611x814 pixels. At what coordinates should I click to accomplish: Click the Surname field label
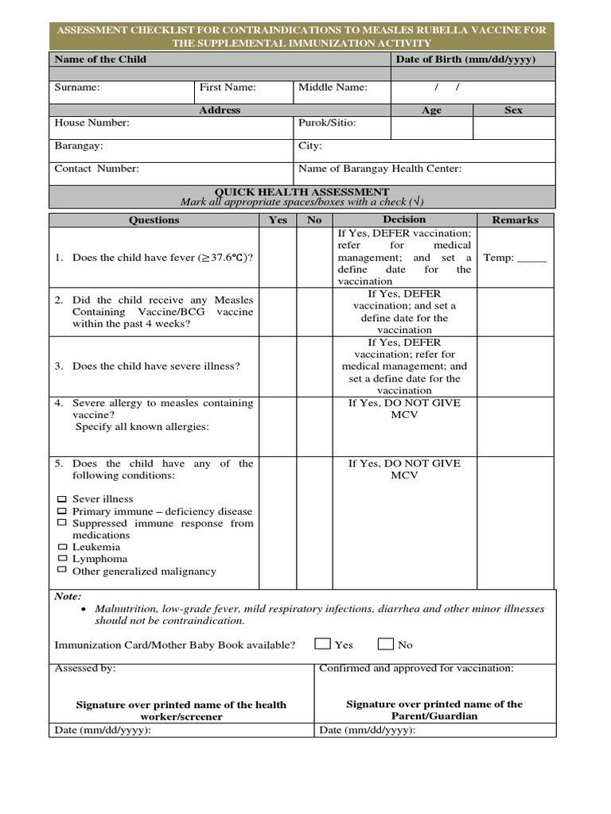[x=77, y=87]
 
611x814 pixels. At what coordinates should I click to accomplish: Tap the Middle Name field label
[x=333, y=87]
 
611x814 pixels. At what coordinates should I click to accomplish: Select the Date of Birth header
[x=465, y=60]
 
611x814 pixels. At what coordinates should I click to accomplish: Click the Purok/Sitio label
[x=327, y=123]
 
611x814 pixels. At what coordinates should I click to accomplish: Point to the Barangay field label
[x=78, y=146]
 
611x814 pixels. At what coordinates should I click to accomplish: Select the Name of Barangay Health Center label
[x=379, y=169]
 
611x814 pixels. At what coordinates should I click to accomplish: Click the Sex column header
[x=513, y=110]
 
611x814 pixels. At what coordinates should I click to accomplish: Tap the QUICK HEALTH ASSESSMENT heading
[x=302, y=192]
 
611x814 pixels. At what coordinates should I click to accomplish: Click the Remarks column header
[x=515, y=220]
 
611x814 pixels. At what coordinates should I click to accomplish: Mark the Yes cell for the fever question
[x=278, y=258]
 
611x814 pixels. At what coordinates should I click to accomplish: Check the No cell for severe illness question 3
[x=314, y=366]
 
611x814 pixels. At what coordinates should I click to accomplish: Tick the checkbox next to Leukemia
[x=62, y=548]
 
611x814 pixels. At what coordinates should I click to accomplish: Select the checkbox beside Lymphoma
[x=62, y=560]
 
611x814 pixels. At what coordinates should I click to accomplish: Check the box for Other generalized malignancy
[x=62, y=571]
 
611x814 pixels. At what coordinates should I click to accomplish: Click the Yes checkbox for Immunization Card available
[x=322, y=644]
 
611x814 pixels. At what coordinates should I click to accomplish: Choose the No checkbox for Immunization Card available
[x=386, y=644]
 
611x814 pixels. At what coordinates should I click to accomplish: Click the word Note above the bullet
[x=68, y=596]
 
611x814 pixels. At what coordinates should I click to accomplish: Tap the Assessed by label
[x=84, y=669]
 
